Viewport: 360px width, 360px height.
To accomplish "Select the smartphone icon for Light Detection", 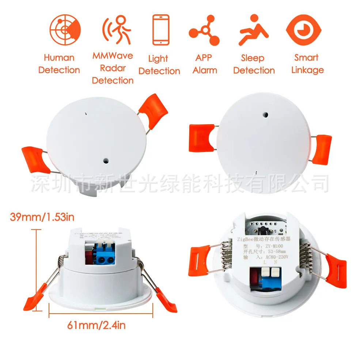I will (160, 30).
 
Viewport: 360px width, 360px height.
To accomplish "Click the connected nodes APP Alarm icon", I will (204, 30).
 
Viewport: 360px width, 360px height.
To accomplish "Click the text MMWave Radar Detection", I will (112, 68).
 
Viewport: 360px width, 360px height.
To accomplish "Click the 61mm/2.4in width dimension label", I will (96, 325).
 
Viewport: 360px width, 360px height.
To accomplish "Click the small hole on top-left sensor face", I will (106, 160).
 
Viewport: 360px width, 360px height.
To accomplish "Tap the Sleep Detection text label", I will (254, 64).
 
